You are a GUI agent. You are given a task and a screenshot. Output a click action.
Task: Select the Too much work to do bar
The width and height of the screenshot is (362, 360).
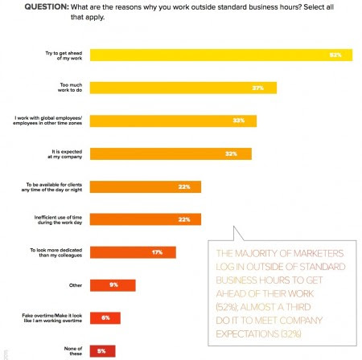pos(183,88)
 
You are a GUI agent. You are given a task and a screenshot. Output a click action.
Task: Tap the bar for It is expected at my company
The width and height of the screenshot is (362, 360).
pos(171,153)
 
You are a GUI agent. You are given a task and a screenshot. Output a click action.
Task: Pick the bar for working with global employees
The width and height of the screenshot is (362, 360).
pos(173,121)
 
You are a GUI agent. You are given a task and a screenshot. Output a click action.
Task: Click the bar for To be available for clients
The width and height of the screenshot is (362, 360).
pos(146,186)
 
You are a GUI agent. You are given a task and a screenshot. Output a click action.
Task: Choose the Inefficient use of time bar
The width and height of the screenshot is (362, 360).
pos(146,219)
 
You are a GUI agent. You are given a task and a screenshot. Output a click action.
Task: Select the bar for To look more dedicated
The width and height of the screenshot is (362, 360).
pos(133,252)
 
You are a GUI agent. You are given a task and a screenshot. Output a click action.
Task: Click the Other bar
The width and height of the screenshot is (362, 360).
pos(113,284)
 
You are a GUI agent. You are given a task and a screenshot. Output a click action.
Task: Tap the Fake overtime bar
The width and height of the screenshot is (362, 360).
pos(105,317)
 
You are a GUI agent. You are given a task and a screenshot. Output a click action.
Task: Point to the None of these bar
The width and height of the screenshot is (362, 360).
pos(103,350)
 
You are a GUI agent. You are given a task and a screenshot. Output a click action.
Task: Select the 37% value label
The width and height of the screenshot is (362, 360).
pos(258,88)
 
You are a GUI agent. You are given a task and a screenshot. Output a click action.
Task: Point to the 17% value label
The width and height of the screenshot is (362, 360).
pos(157,252)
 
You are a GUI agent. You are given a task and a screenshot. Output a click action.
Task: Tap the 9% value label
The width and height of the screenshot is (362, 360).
pos(114,284)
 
